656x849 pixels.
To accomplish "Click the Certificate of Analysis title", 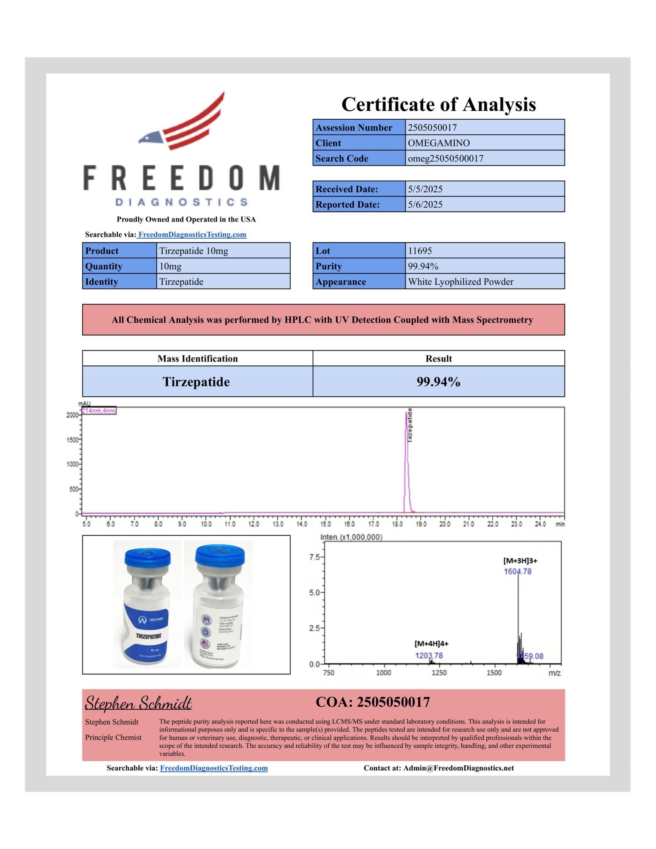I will (x=438, y=104).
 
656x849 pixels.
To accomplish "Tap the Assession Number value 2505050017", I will (x=432, y=127).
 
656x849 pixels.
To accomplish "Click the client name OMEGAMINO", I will (x=439, y=143).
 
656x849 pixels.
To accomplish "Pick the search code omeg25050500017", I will (x=446, y=159).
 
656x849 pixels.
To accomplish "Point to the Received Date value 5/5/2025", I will (x=425, y=189).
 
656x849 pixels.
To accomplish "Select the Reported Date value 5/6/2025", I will (x=425, y=205).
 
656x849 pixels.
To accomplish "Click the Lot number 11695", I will (x=420, y=250).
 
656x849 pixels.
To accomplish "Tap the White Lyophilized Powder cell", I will (x=460, y=282).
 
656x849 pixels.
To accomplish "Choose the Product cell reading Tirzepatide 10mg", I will (x=194, y=250).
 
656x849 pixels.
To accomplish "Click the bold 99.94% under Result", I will (x=438, y=382).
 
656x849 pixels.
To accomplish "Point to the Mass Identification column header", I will (x=198, y=359).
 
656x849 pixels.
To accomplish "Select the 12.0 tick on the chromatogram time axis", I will (x=254, y=524).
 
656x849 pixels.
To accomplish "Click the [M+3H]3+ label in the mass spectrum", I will (x=520, y=560).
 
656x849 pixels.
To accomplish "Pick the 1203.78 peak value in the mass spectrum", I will (x=429, y=656).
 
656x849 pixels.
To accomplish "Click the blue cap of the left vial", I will (x=147, y=558).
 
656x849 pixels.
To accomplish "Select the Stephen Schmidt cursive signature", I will (x=139, y=703).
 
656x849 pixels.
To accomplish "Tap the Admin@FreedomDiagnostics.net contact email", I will (x=458, y=768).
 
